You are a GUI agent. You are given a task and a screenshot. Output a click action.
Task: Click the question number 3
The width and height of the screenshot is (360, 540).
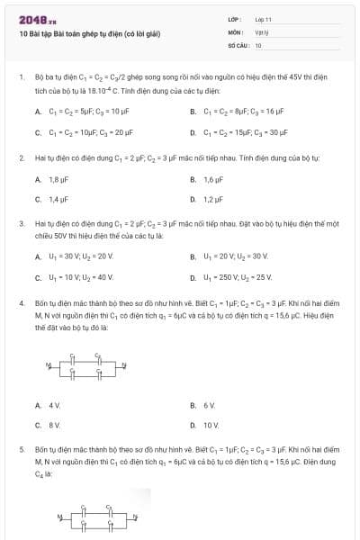[21, 220]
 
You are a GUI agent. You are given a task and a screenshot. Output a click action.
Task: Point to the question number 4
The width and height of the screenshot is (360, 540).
[21, 303]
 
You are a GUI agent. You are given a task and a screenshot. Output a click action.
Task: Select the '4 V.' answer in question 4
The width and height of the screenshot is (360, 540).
[54, 405]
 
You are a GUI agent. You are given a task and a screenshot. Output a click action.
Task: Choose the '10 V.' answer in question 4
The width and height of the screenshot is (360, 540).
[211, 425]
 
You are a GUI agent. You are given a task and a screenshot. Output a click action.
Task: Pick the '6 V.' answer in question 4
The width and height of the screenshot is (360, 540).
[210, 405]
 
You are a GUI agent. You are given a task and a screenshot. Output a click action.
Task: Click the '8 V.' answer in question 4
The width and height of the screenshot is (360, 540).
[54, 425]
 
